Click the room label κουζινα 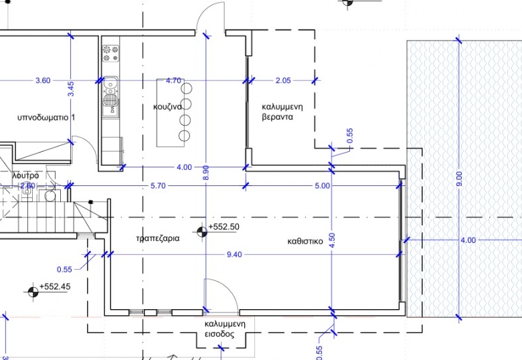tap(167, 107)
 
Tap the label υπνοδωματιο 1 tap(46, 118)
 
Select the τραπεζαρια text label tap(158, 238)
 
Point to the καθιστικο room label tap(305, 241)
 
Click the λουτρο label tap(25, 175)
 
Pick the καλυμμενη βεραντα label tap(282, 112)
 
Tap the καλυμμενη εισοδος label tap(225, 329)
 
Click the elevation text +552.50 tap(224, 227)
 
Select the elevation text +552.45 tap(55, 286)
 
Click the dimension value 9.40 tap(234, 254)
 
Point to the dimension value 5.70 tap(158, 185)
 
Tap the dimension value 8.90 tap(205, 173)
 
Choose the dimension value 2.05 tap(283, 80)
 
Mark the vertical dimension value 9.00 tap(459, 179)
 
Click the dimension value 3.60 tap(43, 80)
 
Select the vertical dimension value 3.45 tap(70, 89)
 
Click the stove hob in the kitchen tap(110, 54)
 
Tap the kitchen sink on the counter tap(110, 90)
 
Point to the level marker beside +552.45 tap(33, 292)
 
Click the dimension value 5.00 tap(323, 185)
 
